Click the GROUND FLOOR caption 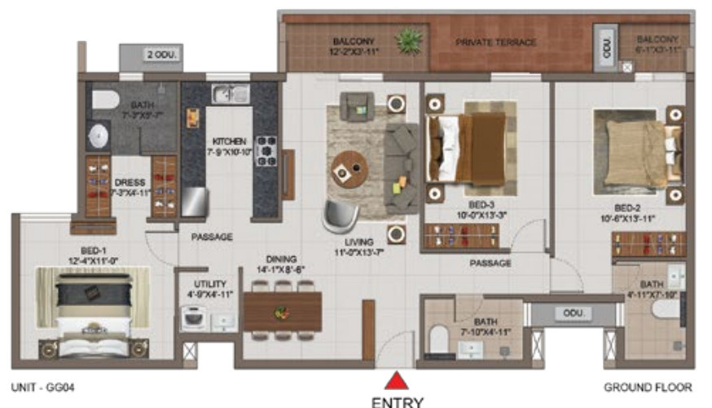(x=648, y=387)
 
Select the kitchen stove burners (x=267, y=151)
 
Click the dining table (x=282, y=311)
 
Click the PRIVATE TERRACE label (x=496, y=42)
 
